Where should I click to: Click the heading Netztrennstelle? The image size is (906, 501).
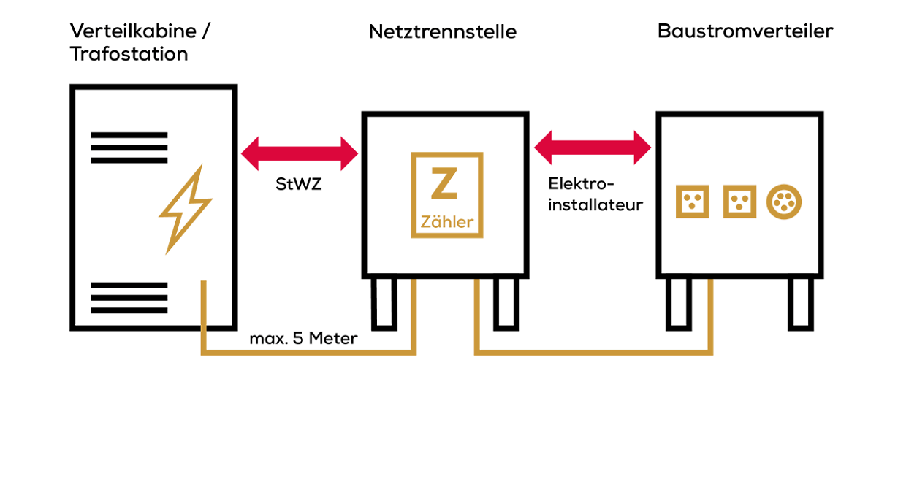(x=442, y=32)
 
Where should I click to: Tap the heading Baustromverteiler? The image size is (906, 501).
(x=745, y=31)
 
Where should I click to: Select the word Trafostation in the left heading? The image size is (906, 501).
(x=129, y=54)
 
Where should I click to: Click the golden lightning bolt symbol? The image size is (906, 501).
(x=185, y=209)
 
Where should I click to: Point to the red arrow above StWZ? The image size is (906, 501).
(x=300, y=153)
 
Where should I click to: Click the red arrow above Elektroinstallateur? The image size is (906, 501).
(x=593, y=148)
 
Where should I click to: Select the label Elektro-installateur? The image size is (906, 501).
(x=595, y=194)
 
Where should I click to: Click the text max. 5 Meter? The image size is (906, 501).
(x=303, y=339)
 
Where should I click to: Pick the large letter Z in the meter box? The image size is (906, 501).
(x=444, y=184)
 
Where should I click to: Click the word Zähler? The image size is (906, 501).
(x=447, y=222)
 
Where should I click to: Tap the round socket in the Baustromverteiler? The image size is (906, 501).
(x=784, y=202)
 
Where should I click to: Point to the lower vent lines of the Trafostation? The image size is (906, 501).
(x=129, y=297)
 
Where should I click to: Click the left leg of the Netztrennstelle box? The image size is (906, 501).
(x=384, y=302)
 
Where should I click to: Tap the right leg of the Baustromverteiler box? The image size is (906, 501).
(x=800, y=302)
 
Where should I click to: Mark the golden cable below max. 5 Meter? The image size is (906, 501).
(x=307, y=353)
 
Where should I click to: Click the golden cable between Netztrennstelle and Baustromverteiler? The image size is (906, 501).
(x=593, y=353)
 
